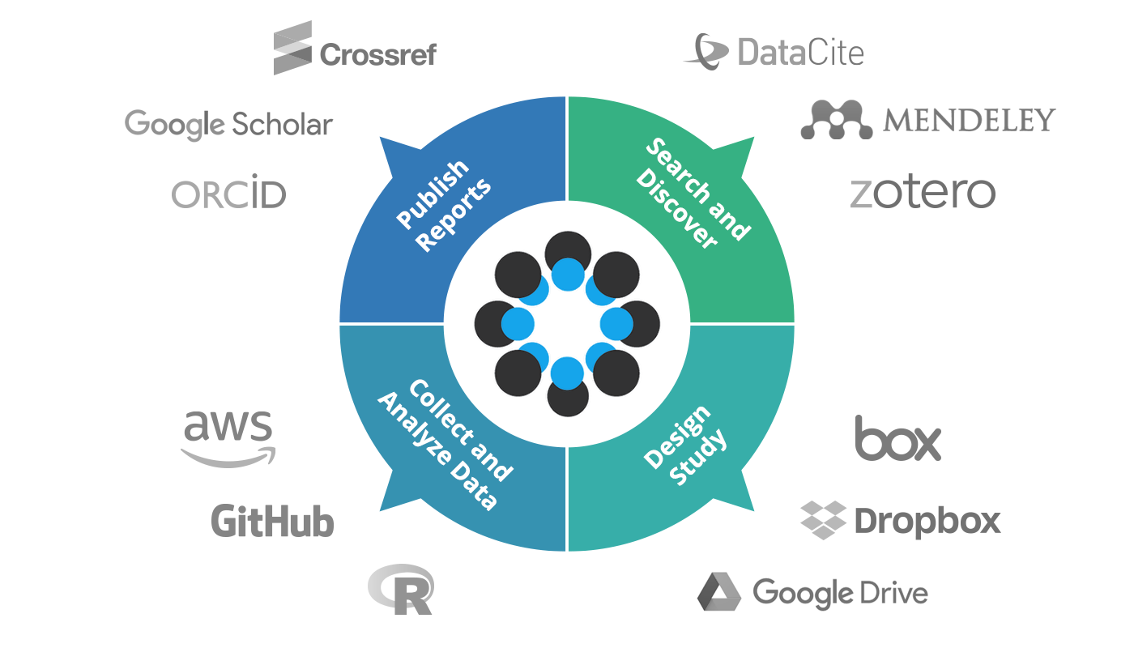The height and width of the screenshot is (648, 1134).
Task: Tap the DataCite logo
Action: click(x=773, y=51)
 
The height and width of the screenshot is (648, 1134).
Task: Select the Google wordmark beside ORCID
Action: click(x=175, y=124)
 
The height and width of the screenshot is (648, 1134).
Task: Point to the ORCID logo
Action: click(x=229, y=195)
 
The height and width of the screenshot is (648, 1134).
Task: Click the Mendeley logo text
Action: click(x=969, y=121)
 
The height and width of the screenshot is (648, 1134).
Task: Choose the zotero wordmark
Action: click(x=922, y=193)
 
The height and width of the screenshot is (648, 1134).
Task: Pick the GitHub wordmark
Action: click(x=272, y=521)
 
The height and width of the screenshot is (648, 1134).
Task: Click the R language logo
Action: click(x=401, y=589)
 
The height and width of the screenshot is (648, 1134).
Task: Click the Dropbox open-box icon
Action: click(x=823, y=519)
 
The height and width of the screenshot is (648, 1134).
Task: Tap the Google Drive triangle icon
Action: click(x=719, y=591)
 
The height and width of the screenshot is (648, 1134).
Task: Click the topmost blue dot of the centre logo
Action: click(x=567, y=274)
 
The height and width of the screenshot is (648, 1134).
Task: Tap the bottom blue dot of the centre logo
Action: click(x=567, y=373)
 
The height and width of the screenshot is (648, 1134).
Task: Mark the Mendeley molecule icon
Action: click(x=837, y=121)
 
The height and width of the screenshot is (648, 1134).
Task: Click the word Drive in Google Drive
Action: click(x=893, y=593)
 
